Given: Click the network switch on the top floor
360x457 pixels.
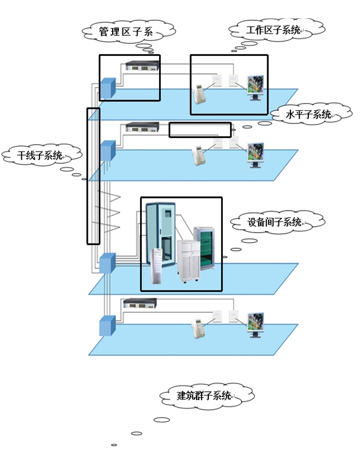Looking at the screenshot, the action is (143, 66).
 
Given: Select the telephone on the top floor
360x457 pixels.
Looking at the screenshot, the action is (199, 94).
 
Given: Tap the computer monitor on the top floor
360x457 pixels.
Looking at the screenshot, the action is (256, 88).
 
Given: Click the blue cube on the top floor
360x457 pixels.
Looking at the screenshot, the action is (108, 88).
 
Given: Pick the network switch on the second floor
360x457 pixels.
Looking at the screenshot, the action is (143, 127).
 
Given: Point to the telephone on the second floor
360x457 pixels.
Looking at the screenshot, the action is (199, 156).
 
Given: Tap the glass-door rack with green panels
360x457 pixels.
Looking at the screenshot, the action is (204, 248).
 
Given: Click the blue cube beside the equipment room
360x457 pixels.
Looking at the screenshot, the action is (107, 263).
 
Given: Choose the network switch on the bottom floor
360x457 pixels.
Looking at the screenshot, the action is (140, 303).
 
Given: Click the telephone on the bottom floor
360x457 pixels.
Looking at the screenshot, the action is (198, 329).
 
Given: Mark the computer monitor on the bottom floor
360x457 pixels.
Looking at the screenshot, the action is (256, 325).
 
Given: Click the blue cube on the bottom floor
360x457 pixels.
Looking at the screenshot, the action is (107, 326).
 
